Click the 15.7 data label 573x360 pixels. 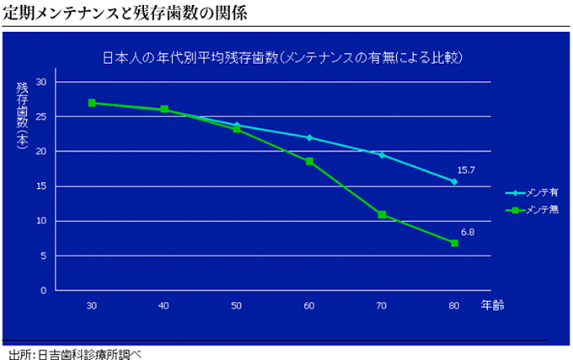coord(466,169)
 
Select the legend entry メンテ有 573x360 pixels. coord(536,193)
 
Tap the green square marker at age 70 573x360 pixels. coord(382,214)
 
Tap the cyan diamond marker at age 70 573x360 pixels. coord(382,155)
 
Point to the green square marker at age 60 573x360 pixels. coord(309,161)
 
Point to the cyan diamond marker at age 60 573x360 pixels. coord(309,137)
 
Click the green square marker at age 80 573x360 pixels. coord(454,243)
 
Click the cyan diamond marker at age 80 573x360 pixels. coord(454,181)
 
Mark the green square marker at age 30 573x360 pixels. coord(91,103)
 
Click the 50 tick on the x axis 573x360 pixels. coord(237,304)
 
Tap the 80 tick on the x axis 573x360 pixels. coord(454,304)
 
